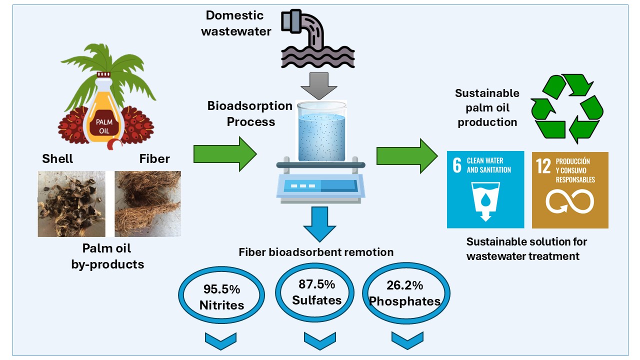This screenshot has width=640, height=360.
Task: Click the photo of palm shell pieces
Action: point(71,203)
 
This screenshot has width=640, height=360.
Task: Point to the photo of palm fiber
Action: point(147,203)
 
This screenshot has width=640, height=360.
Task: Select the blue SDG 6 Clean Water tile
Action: point(485,189)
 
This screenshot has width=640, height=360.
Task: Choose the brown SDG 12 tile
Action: point(570,189)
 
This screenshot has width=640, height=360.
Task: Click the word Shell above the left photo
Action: point(57,159)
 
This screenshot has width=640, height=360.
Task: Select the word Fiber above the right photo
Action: point(154,159)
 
